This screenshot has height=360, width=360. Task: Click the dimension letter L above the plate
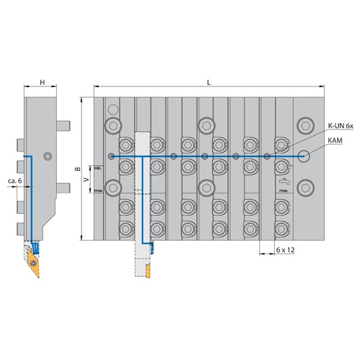coord(209,82)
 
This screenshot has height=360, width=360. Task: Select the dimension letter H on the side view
coord(42,82)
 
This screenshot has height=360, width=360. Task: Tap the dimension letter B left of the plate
coord(78,168)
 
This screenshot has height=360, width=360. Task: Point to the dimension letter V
coord(86,179)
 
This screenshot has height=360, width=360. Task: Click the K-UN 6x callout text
coord(341,126)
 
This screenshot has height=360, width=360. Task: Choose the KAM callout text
coord(335,140)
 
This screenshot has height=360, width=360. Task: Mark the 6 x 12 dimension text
coord(285,250)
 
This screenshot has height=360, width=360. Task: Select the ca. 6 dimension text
coord(15,181)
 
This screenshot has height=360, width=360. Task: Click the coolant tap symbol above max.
coord(284,181)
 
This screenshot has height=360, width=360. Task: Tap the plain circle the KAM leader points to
coord(304,156)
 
